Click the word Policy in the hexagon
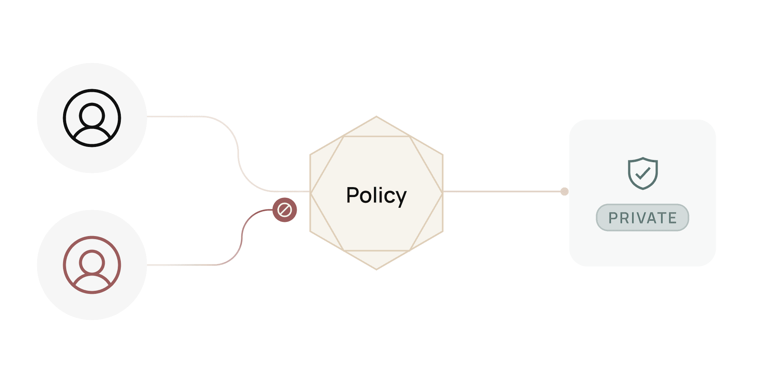[x=376, y=195]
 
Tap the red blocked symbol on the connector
[x=284, y=210]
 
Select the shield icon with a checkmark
[x=643, y=173]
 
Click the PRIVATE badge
[x=642, y=217]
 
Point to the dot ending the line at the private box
[x=564, y=191]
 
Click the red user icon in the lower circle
[x=92, y=265]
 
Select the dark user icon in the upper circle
[x=92, y=118]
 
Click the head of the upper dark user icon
[x=92, y=114]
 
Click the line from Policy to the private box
[x=501, y=191]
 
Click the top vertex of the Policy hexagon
[x=376, y=116]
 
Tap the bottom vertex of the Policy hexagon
[x=376, y=269]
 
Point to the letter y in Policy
[x=401, y=197]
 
